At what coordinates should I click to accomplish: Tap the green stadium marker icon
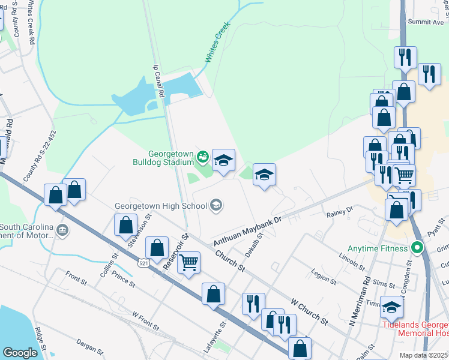(x=202, y=157)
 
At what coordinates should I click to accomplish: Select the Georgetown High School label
(x=161, y=206)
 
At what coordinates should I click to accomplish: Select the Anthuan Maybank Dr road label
(x=248, y=230)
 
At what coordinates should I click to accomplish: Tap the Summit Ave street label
(x=426, y=22)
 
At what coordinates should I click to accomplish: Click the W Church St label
(x=309, y=307)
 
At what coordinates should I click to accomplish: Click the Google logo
(x=20, y=353)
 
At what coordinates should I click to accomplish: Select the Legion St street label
(x=324, y=275)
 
